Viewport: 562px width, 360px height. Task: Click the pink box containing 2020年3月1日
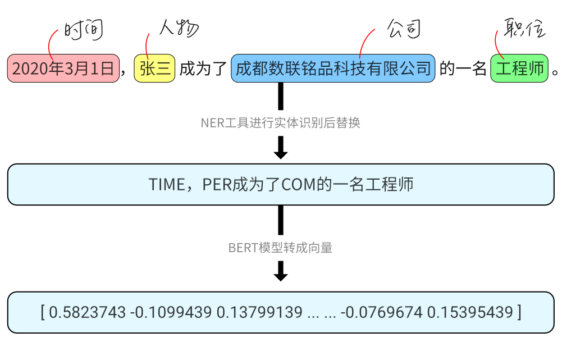63,69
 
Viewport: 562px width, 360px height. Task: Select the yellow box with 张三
155,69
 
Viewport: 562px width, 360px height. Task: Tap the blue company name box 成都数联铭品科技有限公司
333,69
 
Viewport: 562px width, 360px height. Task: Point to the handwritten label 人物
179,28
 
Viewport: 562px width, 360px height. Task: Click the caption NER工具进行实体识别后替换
280,123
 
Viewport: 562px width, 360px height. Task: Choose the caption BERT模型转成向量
280,248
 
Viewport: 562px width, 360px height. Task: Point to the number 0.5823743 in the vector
87,312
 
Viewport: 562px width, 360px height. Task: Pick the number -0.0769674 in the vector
381,312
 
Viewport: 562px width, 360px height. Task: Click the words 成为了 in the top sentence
203,69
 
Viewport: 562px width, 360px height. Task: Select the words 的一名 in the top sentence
463,69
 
